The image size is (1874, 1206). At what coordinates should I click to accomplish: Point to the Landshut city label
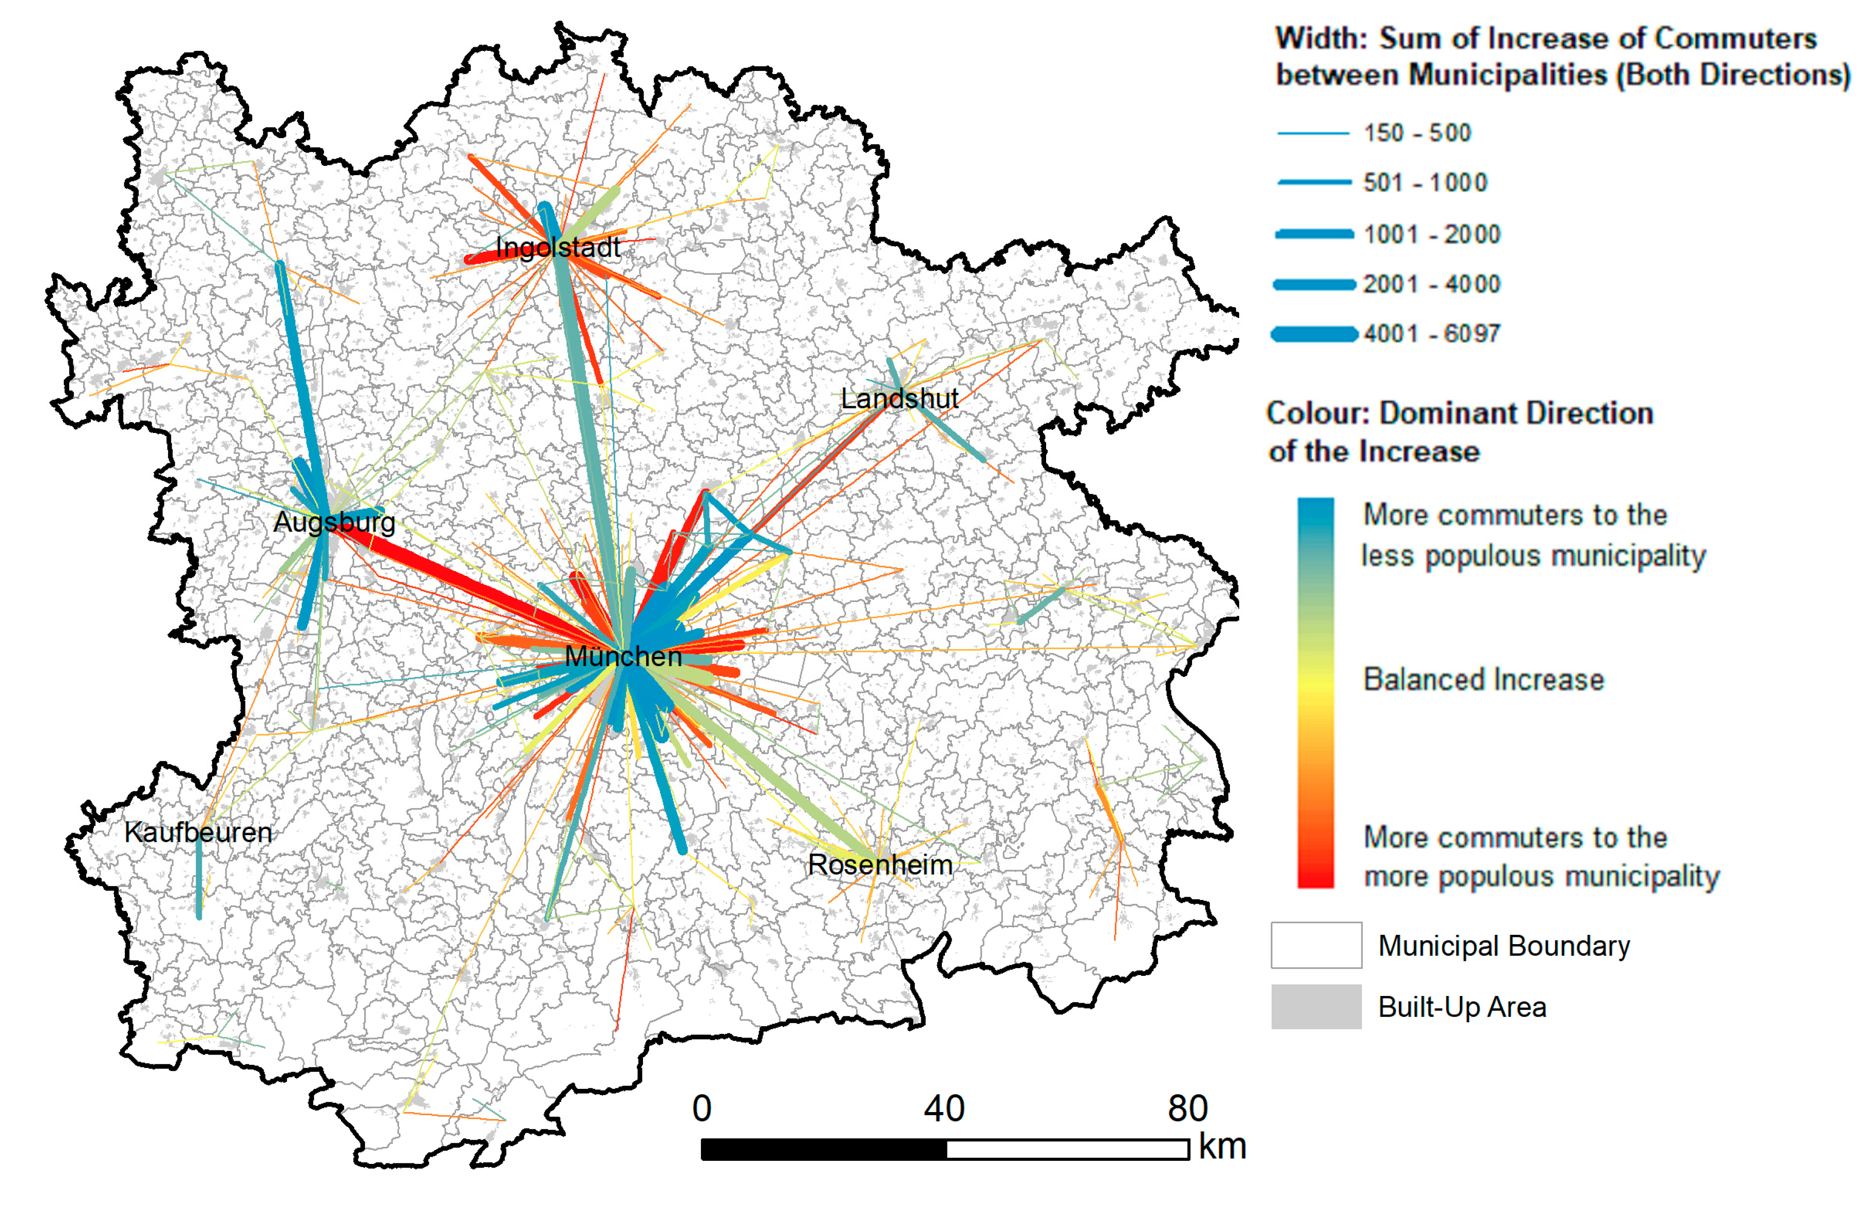click(x=899, y=399)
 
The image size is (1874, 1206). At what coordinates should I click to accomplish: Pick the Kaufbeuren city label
click(x=198, y=833)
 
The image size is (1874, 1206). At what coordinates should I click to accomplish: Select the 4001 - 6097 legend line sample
click(x=1314, y=334)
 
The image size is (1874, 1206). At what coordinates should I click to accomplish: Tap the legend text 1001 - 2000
click(x=1431, y=234)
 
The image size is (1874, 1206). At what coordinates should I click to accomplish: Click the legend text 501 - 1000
click(x=1425, y=183)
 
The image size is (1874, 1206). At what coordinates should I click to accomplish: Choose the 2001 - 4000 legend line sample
click(x=1314, y=284)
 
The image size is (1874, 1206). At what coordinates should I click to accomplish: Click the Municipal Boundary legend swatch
click(x=1315, y=945)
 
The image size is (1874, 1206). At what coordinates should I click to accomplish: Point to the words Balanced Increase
click(x=1483, y=680)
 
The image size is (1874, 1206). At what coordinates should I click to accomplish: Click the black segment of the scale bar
click(x=823, y=1149)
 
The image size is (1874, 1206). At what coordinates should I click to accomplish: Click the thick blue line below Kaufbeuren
click(x=199, y=881)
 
